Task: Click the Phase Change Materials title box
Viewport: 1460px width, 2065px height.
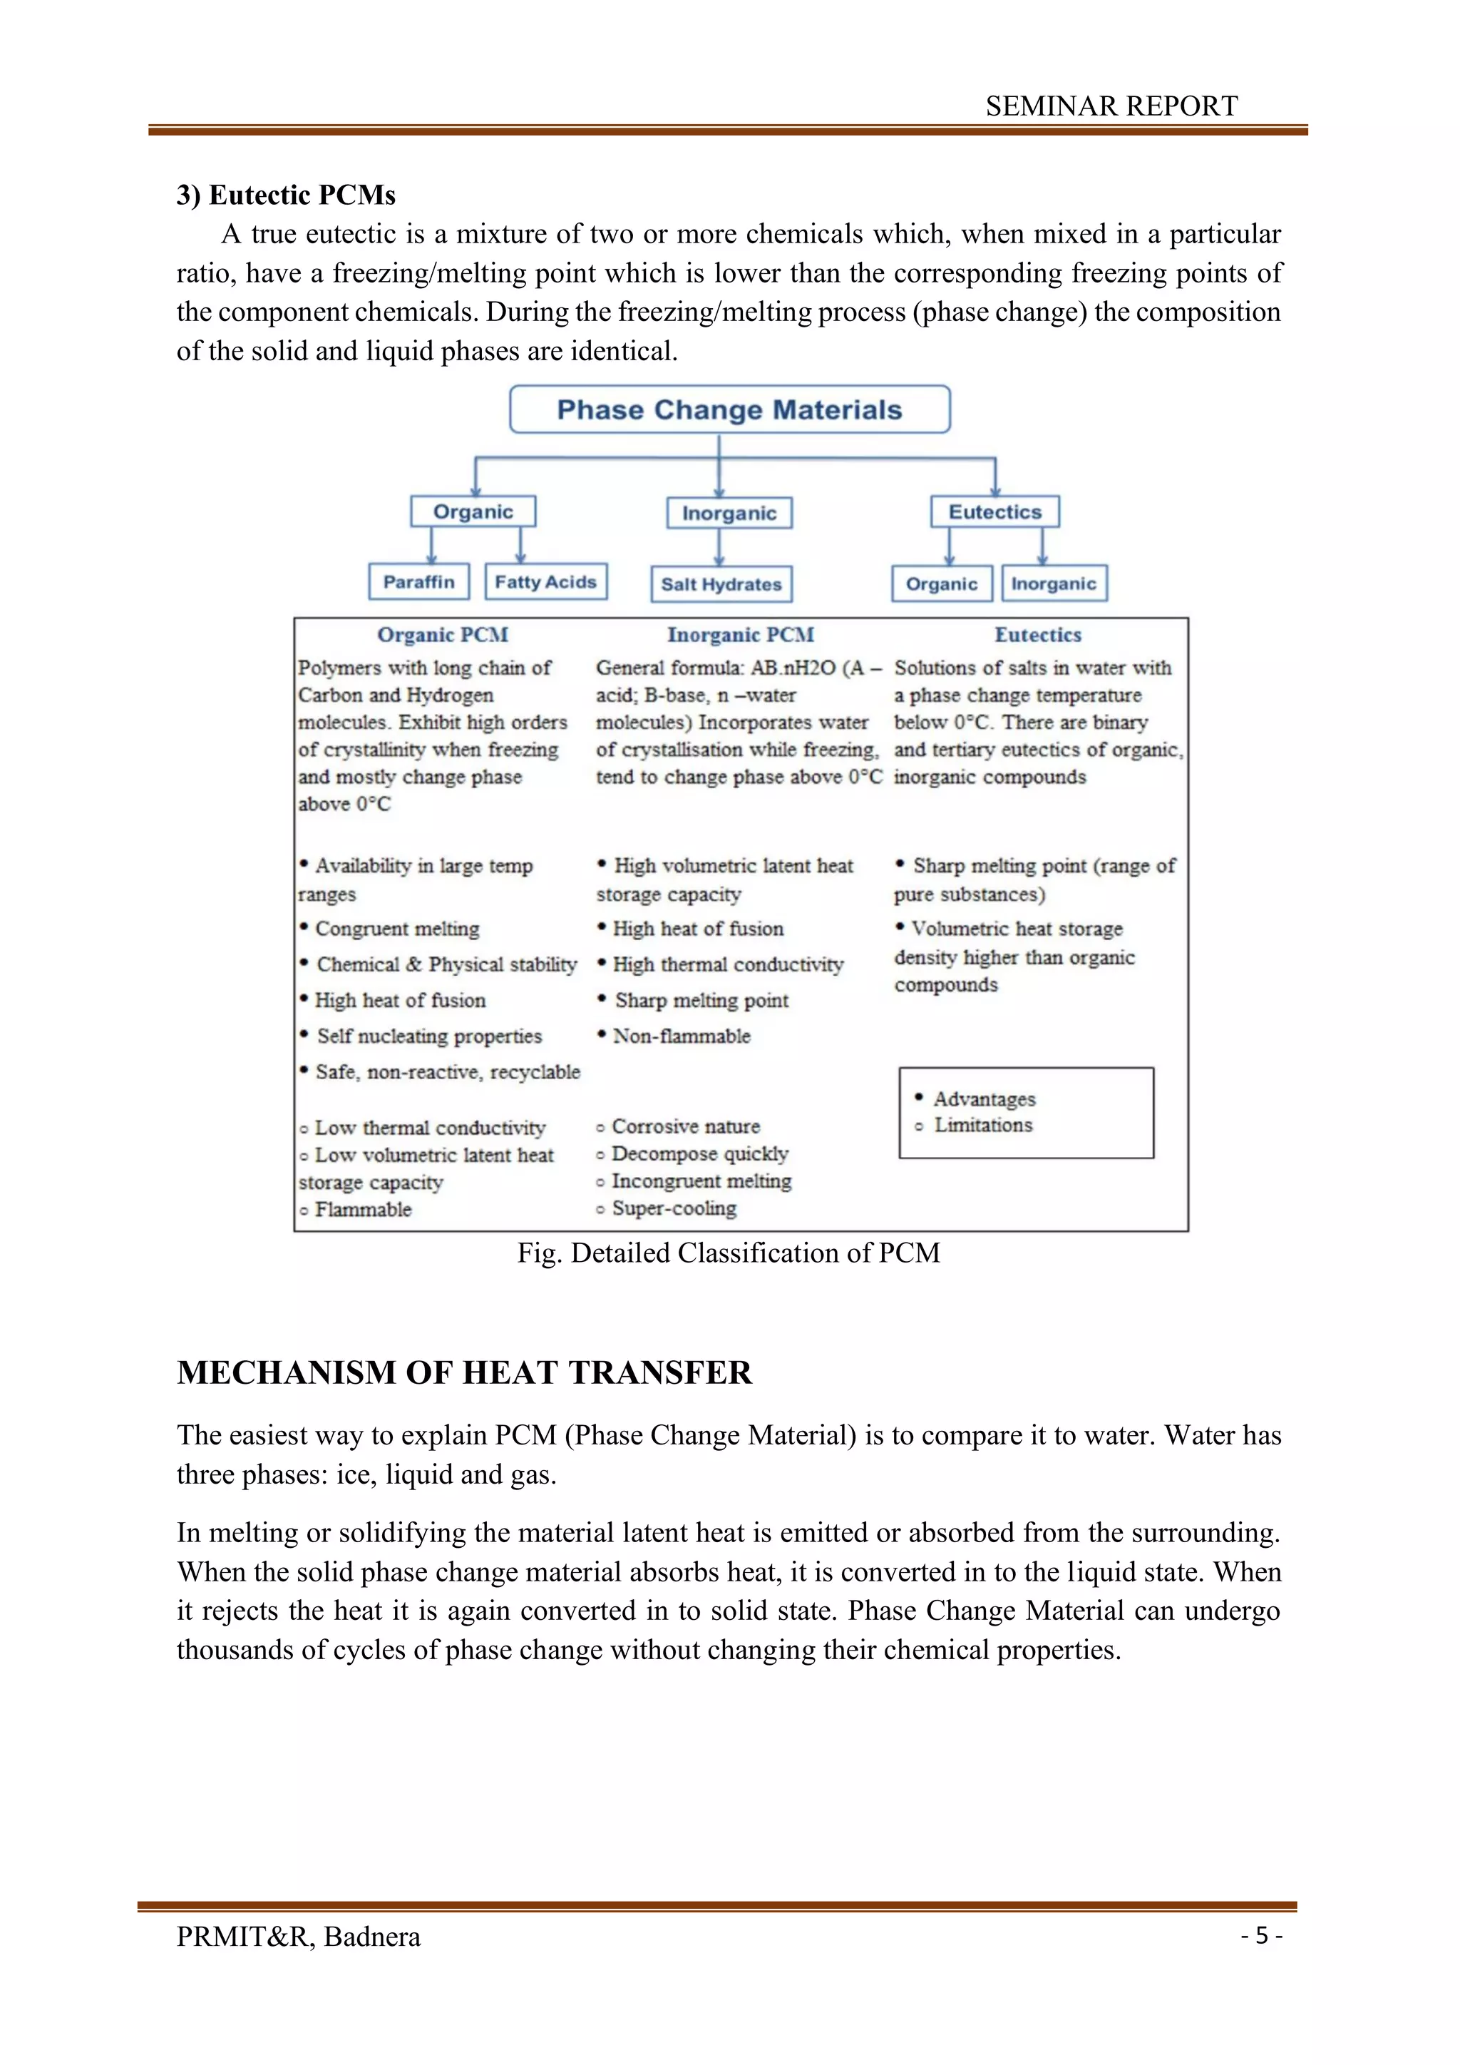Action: [729, 410]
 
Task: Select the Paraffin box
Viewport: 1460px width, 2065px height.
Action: [419, 582]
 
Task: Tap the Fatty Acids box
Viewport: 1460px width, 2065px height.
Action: [545, 582]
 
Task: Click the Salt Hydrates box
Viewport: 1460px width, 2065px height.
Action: [721, 583]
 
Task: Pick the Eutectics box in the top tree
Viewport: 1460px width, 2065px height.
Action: [994, 511]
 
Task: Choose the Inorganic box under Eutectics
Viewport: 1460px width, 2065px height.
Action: [1054, 583]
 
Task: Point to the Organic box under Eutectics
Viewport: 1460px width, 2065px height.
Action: [941, 583]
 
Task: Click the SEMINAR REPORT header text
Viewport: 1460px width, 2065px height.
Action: [1111, 106]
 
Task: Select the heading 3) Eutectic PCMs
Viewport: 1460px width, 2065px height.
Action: [286, 195]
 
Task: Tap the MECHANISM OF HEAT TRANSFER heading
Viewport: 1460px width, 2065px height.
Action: [464, 1372]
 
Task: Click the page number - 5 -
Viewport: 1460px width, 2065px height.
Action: [1261, 1935]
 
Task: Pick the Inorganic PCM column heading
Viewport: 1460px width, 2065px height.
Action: [740, 635]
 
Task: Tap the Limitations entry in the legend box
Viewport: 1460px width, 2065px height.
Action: [982, 1125]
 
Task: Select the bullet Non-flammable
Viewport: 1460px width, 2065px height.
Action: [681, 1036]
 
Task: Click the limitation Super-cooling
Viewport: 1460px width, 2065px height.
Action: [674, 1209]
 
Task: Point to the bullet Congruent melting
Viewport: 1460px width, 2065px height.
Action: [396, 929]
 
